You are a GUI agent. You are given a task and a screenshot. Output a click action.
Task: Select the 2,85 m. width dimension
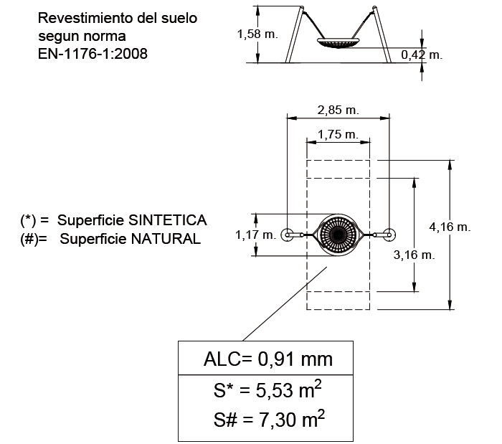(337, 110)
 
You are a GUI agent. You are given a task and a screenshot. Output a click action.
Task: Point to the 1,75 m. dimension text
(338, 134)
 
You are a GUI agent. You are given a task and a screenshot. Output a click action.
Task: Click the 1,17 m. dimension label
(255, 235)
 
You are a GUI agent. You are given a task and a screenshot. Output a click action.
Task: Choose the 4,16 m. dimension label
(450, 227)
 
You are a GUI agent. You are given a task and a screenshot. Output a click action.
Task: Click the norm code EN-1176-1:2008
(93, 52)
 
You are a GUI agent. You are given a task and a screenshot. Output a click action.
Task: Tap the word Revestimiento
(81, 17)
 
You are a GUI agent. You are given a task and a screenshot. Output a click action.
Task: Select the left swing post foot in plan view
(288, 234)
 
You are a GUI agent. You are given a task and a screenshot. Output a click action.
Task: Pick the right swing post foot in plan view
(388, 234)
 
